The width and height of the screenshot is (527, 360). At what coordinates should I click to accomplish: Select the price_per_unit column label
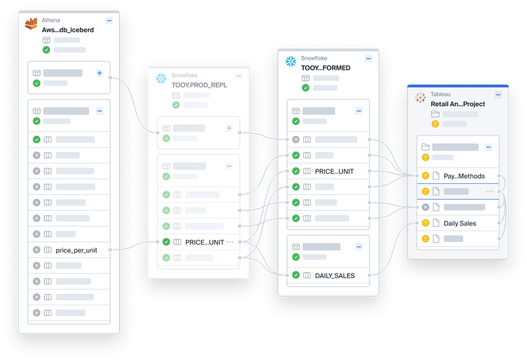coord(76,250)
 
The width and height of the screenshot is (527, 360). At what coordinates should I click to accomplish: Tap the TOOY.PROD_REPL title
coord(199,85)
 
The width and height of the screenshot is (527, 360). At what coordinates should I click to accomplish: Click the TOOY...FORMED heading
coord(326,67)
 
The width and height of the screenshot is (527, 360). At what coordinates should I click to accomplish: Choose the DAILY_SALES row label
coord(335,275)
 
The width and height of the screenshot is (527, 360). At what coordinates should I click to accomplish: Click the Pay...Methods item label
coord(464,176)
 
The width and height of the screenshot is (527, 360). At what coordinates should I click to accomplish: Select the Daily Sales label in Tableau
coord(460,224)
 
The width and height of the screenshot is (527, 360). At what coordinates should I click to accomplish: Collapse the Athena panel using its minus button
coord(109,21)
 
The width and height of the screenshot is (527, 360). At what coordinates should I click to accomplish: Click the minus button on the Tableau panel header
coord(498,95)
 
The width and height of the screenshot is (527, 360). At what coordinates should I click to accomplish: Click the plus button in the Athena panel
coord(99,73)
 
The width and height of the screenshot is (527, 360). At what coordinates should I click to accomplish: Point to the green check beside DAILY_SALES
coord(296,275)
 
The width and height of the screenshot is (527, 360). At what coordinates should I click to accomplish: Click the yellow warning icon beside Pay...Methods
coord(426,176)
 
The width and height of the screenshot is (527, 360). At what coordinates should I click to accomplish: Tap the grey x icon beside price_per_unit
coord(36,250)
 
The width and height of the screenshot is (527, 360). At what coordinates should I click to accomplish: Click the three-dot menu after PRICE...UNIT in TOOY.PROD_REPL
coord(231,242)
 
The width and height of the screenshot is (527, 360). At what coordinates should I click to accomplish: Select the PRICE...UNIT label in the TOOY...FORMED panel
coord(334,171)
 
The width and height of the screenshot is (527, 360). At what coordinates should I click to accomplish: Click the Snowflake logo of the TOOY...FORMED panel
coord(291,61)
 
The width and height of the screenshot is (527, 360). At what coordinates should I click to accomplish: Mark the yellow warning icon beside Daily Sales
coord(426,224)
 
